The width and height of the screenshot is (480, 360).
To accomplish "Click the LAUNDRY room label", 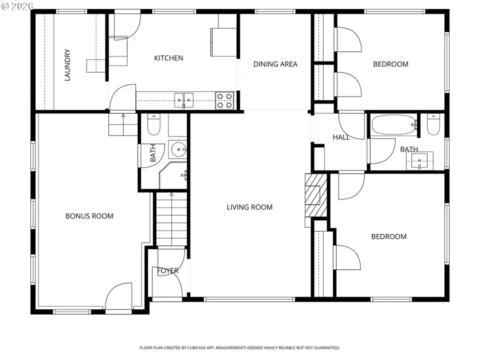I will pyautogui.click(x=68, y=65).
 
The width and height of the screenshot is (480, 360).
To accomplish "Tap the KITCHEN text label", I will pyautogui.click(x=169, y=58).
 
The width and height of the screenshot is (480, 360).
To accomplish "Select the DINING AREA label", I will pyautogui.click(x=275, y=64).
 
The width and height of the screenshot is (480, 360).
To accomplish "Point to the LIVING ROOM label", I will pyautogui.click(x=250, y=207).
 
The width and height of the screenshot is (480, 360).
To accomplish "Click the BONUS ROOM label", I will pyautogui.click(x=90, y=216).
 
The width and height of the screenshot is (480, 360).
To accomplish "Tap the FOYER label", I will pyautogui.click(x=168, y=271).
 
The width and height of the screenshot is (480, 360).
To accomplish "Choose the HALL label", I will pyautogui.click(x=341, y=137).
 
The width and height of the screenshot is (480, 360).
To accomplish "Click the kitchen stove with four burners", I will pyautogui.click(x=224, y=101).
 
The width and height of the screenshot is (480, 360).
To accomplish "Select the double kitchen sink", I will pyautogui.click(x=184, y=98).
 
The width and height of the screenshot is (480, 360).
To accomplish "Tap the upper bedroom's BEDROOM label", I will pyautogui.click(x=390, y=64).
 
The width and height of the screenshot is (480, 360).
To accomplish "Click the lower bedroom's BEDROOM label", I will pyautogui.click(x=389, y=236).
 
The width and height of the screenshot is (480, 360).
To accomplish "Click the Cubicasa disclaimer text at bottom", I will pyautogui.click(x=239, y=348).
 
